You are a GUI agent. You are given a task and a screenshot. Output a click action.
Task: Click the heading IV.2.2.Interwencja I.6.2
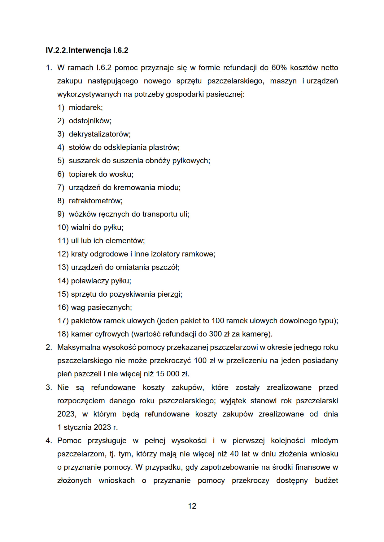coord(87,50)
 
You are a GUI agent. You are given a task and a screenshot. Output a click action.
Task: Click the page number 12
coord(192,506)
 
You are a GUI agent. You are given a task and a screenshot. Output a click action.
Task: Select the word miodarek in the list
coord(85,108)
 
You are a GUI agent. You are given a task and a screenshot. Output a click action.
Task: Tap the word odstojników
coord(90,121)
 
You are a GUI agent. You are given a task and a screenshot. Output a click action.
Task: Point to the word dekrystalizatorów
coord(99,134)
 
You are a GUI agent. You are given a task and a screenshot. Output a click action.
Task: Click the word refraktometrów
coord(95,201)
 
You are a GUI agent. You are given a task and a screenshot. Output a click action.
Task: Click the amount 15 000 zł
coord(172,374)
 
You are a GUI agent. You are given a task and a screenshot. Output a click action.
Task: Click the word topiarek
coord(82,174)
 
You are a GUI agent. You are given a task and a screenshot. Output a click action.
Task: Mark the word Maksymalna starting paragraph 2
coord(79,347)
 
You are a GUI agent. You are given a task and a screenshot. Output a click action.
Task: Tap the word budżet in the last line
coord(326,481)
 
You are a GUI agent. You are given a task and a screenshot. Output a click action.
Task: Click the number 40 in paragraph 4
coord(234,454)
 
